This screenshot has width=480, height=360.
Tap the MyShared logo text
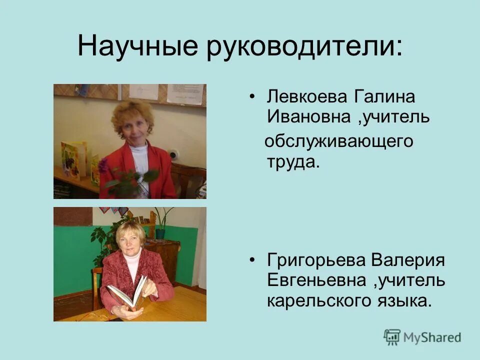422,337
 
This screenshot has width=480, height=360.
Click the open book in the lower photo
128,292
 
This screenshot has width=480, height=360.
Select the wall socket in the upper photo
173,154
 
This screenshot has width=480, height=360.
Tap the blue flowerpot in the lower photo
160,232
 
